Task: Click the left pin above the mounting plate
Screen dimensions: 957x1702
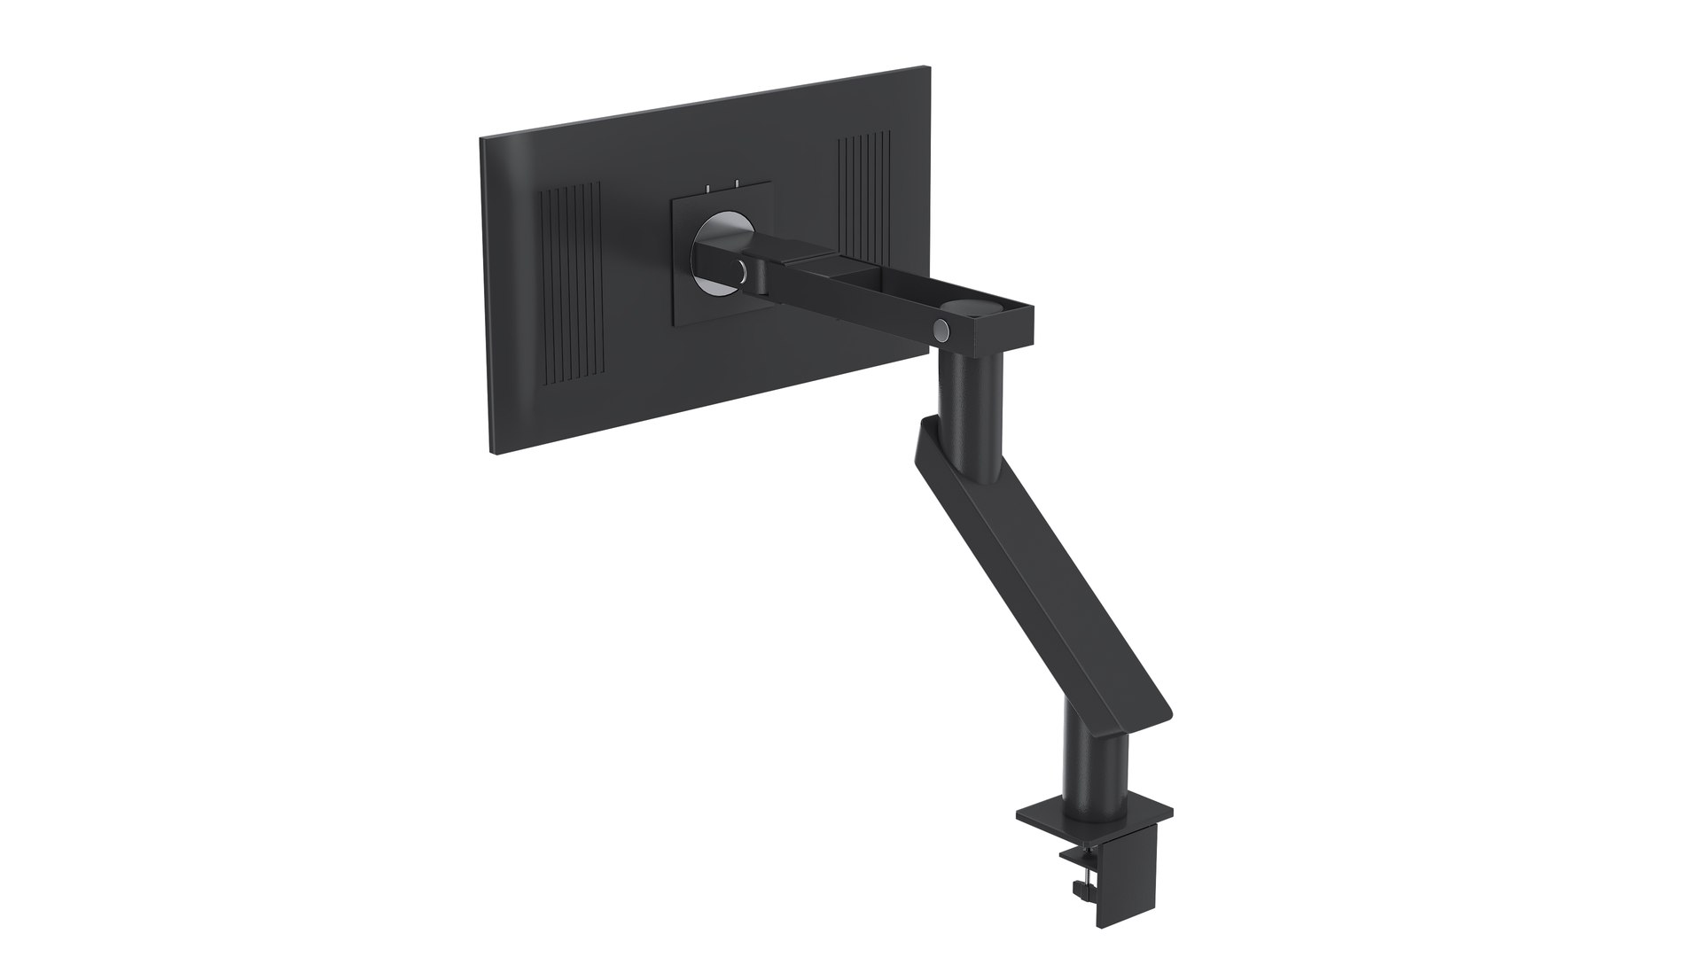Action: pyautogui.click(x=707, y=188)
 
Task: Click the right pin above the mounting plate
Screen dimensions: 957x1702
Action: pyautogui.click(x=736, y=184)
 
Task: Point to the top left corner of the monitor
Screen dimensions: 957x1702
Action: pyautogui.click(x=481, y=140)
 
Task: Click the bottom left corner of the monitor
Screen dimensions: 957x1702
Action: pyautogui.click(x=490, y=455)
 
